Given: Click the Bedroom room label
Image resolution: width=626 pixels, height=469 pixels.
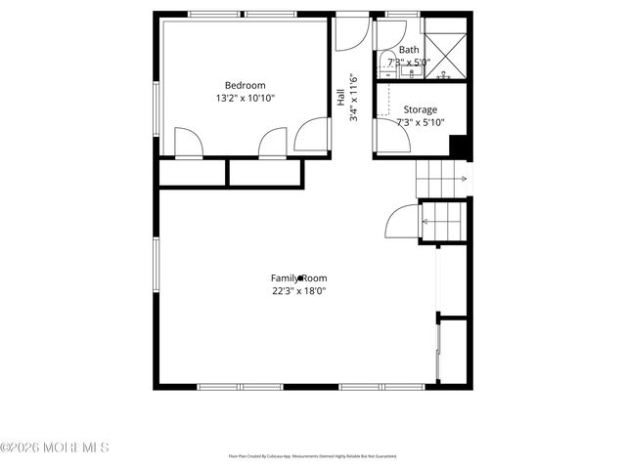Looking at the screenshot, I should point(246,85).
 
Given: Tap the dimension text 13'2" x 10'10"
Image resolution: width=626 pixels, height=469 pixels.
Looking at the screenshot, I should point(246,99).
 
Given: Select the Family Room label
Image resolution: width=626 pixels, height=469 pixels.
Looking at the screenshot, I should point(299,277).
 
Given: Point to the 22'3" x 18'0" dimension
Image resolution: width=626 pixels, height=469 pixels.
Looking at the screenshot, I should point(299,290).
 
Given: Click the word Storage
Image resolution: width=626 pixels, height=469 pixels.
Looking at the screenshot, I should point(420,109).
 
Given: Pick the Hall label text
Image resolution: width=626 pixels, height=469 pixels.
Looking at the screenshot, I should point(340,99).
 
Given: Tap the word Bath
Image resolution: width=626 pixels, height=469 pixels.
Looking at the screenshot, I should point(409,50).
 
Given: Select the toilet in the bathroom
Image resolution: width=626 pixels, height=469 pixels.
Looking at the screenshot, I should point(384,59).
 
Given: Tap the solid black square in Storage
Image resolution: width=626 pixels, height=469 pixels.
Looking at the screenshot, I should point(460,147).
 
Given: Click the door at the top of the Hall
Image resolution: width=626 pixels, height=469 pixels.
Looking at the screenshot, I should point(349,34).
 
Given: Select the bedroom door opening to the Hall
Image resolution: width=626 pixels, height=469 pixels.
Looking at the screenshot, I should point(314,136).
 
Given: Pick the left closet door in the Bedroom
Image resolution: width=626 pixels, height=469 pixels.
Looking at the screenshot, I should point(188,144).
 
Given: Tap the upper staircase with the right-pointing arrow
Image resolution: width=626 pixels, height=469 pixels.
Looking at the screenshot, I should point(442,178).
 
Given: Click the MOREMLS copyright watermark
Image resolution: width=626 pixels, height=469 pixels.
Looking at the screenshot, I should point(55,448).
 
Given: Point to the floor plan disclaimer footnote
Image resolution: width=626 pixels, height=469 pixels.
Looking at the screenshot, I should point(312,456).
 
